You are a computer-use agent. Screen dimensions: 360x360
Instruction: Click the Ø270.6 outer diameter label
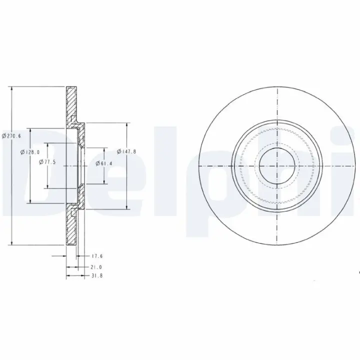(11, 136)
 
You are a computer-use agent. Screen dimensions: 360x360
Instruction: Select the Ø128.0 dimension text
(30, 152)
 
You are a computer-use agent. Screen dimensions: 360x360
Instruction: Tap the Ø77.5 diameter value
(47, 162)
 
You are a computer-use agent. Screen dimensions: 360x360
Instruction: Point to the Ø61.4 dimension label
(104, 163)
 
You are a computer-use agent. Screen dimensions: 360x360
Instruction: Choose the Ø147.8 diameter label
(126, 151)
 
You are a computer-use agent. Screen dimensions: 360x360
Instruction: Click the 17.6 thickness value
(97, 256)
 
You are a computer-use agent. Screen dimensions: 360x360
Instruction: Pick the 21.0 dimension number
(96, 267)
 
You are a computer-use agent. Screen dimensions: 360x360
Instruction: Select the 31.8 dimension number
(97, 275)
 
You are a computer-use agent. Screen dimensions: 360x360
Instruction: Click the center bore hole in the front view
(277, 166)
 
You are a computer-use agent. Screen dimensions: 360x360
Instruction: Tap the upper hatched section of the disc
(71, 105)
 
